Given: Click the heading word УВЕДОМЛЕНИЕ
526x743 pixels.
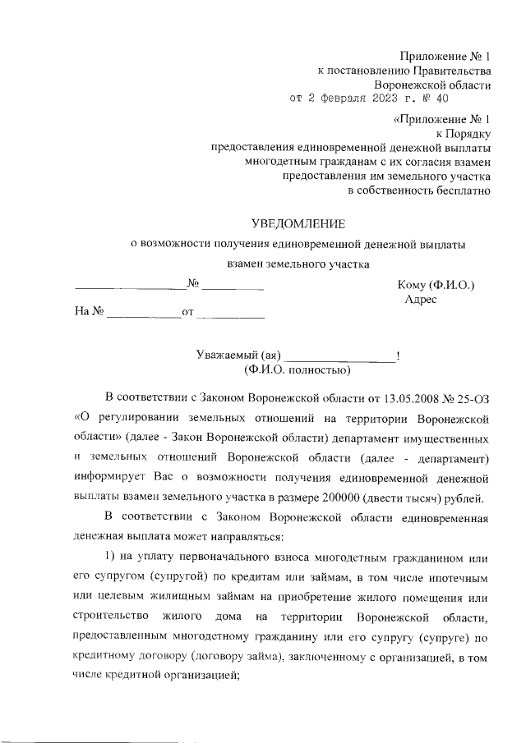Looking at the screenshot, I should tap(298, 222).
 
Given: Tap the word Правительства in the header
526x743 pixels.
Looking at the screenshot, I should tap(450, 71).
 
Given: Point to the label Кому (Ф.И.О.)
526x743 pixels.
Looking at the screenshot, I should tap(436, 285).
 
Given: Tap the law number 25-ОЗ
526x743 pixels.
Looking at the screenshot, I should tap(474, 400).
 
